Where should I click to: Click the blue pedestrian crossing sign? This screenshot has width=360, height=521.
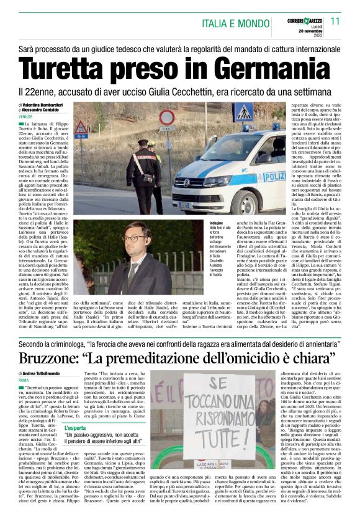[241, 112]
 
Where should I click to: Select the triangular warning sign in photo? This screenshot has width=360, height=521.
[81, 129]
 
